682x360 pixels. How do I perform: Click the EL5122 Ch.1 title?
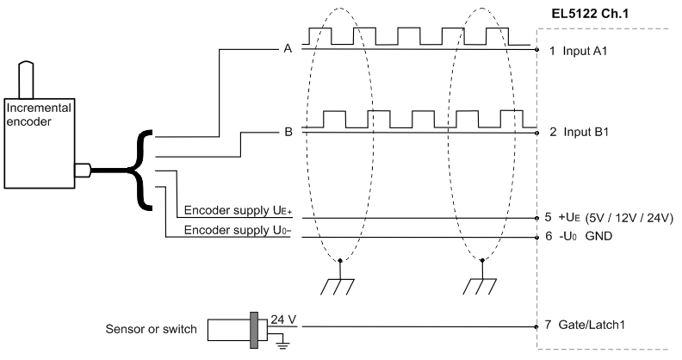(x=590, y=14)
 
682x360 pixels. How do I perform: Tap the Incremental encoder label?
(x=38, y=115)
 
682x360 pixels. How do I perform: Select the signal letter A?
(x=288, y=49)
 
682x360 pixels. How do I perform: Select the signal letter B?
(x=288, y=132)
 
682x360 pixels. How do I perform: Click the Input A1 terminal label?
(x=585, y=51)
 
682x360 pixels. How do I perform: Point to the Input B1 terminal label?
(x=586, y=132)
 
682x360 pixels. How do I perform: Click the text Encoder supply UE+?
(x=238, y=210)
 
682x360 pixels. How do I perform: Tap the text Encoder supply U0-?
(x=238, y=230)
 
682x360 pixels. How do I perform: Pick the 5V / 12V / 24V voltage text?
(x=629, y=217)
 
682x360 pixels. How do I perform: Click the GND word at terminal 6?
(x=598, y=236)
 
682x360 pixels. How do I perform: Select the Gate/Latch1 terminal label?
(x=592, y=325)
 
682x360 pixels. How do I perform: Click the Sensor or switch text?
(x=151, y=329)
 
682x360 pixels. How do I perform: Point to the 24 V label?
(x=283, y=320)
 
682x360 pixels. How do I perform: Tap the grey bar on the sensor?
(x=254, y=330)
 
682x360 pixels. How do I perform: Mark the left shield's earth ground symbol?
(x=338, y=288)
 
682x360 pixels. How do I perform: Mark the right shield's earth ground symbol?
(x=480, y=288)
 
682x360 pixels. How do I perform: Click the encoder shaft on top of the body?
(x=26, y=80)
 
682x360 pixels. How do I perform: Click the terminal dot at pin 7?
(x=537, y=326)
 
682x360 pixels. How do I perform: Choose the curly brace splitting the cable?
(x=140, y=171)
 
